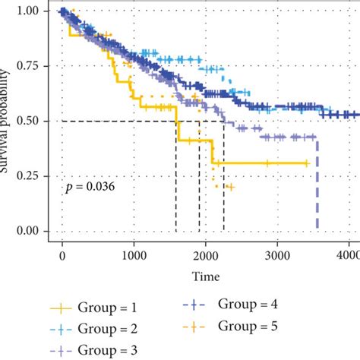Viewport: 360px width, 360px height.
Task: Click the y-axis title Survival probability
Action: [8, 122]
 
